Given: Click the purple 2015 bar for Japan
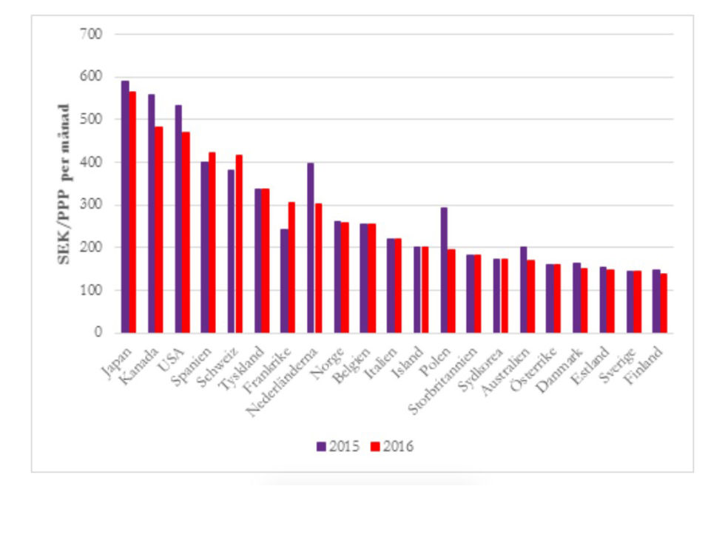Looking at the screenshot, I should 125,207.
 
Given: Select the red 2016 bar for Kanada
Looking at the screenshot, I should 159,229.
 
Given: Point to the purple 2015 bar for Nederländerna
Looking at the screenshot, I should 311,248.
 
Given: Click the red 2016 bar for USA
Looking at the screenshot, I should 186,232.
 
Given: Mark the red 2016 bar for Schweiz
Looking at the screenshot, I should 239,243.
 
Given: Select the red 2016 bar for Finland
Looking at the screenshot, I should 664,303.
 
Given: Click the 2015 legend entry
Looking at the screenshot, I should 338,446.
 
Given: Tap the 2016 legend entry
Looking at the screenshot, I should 392,446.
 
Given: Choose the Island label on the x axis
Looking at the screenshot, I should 411,354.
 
